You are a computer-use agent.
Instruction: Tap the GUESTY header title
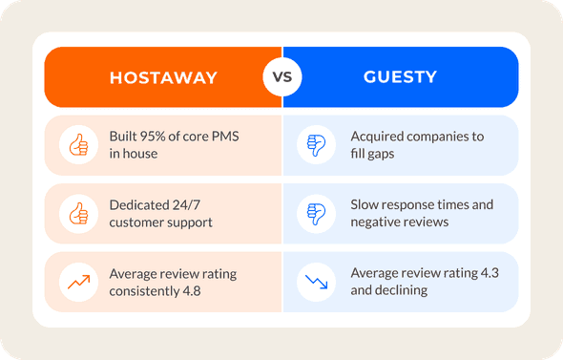(x=401, y=77)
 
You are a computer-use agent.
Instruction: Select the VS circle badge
(x=281, y=77)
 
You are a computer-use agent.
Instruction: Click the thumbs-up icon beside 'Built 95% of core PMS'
(x=76, y=145)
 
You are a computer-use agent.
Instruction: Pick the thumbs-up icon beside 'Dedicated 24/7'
(x=76, y=214)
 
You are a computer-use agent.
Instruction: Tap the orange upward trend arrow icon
(x=76, y=282)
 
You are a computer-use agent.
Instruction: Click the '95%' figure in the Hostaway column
(x=156, y=137)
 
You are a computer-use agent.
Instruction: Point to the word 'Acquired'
(x=378, y=137)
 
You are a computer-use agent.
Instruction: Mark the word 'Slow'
(x=366, y=205)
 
